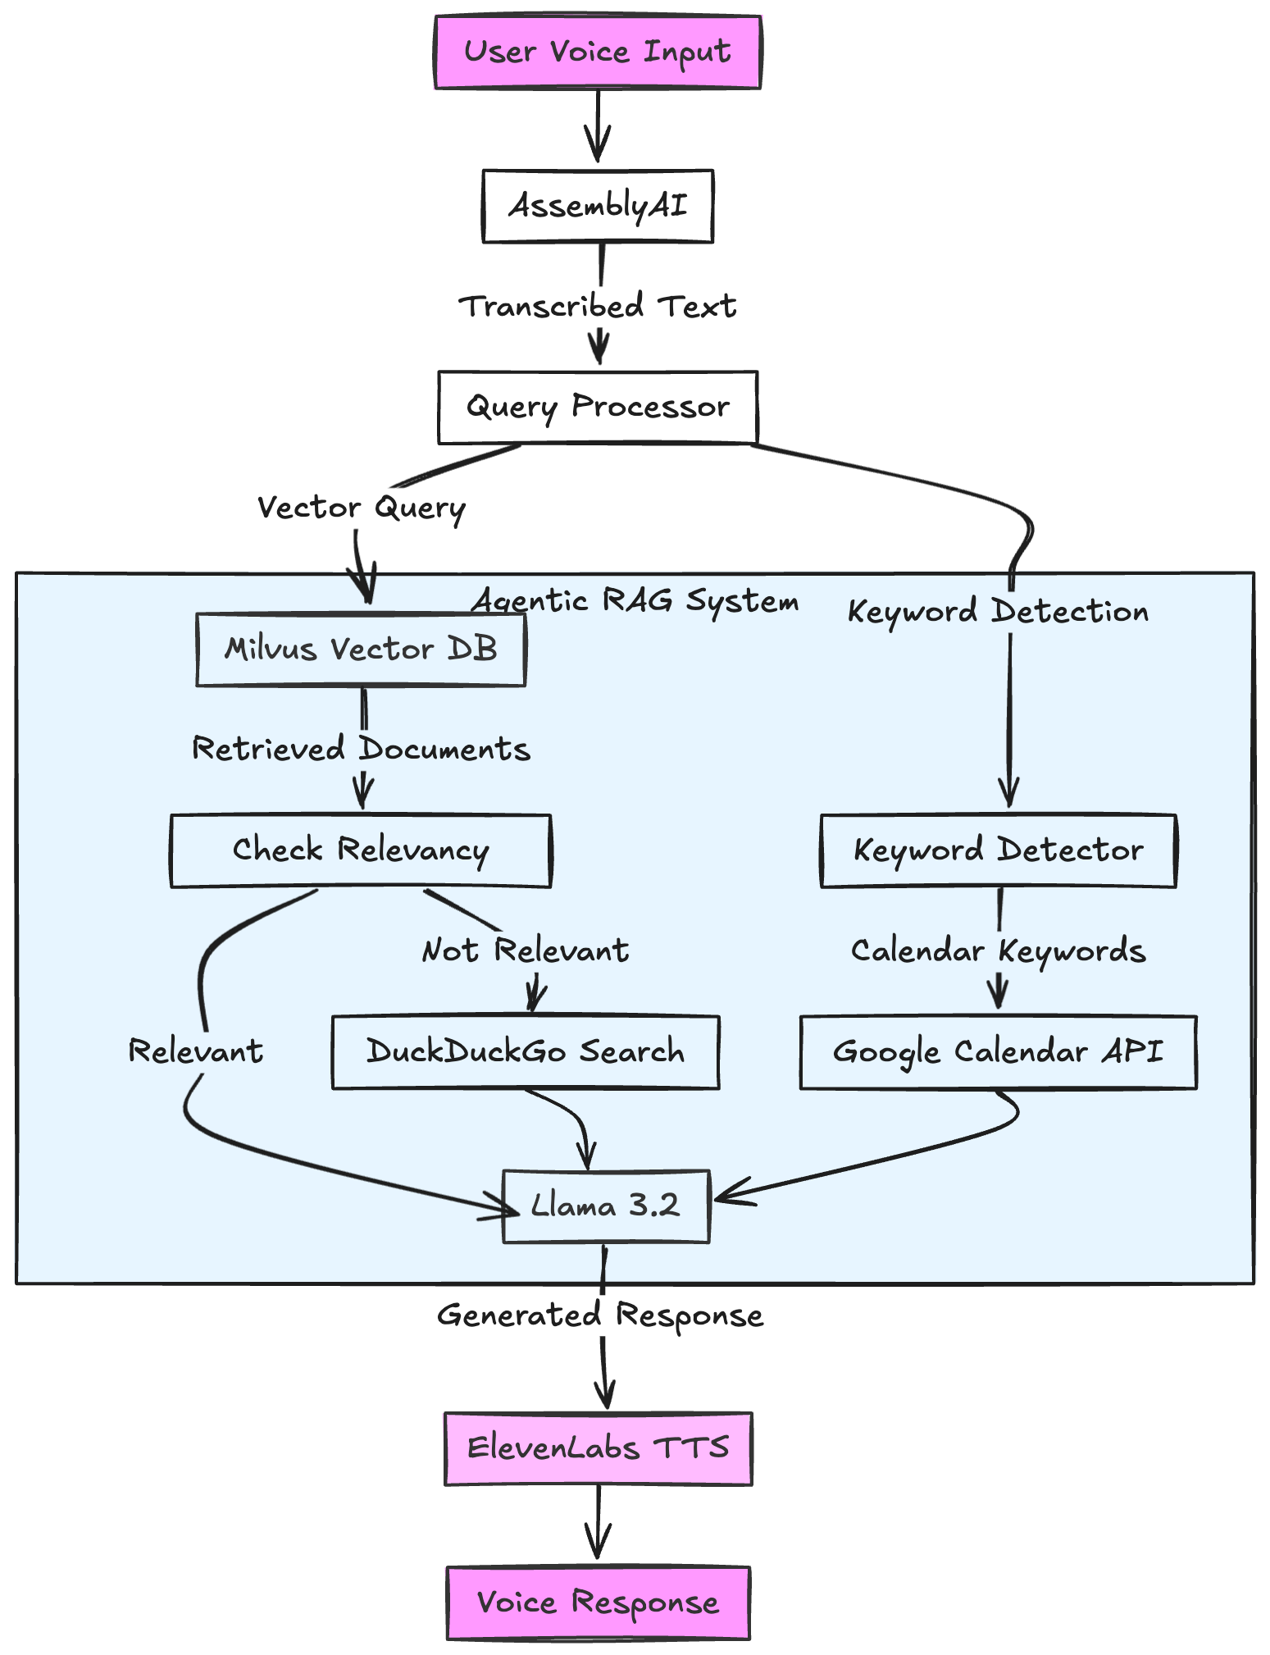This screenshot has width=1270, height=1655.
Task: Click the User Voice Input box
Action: point(597,52)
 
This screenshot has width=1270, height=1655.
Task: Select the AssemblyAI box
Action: point(597,206)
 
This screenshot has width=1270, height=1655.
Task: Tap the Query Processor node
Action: point(597,407)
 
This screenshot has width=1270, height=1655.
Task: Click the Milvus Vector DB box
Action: point(361,649)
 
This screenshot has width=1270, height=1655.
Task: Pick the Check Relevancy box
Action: point(361,850)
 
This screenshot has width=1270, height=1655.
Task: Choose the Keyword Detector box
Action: point(998,850)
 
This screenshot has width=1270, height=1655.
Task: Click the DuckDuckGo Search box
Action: point(525,1052)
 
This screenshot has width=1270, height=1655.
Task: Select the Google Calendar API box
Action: point(998,1052)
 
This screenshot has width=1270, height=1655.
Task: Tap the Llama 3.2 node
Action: point(605,1206)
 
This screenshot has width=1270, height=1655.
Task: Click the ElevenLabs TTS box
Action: point(598,1448)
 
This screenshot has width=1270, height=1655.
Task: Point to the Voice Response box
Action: point(598,1603)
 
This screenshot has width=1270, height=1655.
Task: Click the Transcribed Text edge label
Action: point(597,307)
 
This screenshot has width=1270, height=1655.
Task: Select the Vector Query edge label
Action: point(361,508)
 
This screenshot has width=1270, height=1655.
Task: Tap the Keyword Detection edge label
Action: point(998,612)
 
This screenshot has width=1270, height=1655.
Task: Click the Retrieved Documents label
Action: point(361,750)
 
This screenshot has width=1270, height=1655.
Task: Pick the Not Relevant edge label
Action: point(525,951)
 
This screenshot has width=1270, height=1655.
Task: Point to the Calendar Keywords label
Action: point(998,951)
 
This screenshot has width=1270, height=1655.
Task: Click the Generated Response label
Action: point(600,1315)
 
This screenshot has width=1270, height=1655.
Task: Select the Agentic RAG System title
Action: point(635,601)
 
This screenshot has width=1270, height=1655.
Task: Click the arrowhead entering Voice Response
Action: point(598,1548)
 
